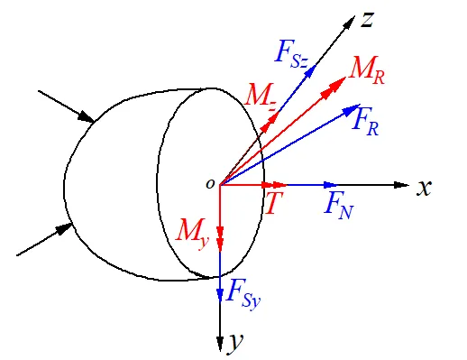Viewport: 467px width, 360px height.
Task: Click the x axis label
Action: [424, 188]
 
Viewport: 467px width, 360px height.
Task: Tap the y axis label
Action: [236, 342]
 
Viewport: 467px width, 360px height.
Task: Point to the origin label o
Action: [210, 184]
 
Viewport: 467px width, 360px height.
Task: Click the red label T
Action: [274, 203]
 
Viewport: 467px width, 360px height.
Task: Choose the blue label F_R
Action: [366, 122]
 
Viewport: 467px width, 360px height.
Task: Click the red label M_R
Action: [367, 69]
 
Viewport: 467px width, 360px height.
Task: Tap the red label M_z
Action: [261, 97]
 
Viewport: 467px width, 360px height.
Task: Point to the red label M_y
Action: [192, 234]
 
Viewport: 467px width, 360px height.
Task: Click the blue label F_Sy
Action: [243, 295]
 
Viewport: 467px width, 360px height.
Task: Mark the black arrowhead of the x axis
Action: [401, 185]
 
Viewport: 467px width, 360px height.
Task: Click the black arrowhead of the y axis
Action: [220, 343]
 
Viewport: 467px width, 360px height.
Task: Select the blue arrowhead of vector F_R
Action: [352, 110]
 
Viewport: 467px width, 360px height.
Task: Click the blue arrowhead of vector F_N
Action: [330, 185]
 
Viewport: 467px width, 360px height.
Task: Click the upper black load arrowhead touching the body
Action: [86, 117]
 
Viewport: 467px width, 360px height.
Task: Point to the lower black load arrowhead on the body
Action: [64, 229]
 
